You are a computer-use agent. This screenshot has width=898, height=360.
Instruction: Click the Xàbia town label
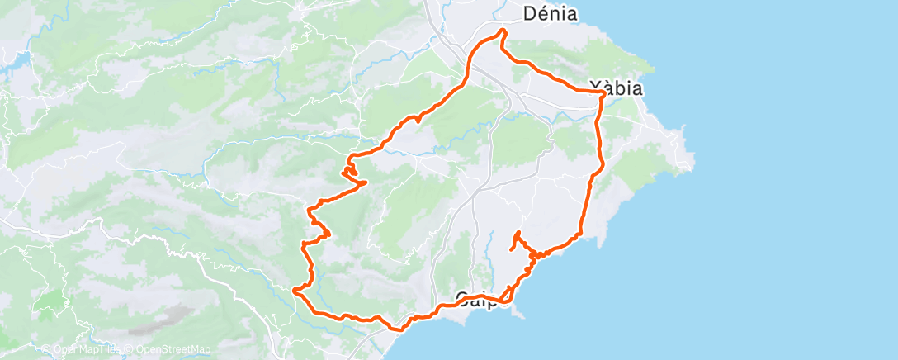pos(617,88)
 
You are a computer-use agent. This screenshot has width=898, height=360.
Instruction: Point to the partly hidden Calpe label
pos(482,299)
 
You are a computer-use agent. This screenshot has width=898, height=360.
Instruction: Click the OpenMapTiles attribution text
pos(82,350)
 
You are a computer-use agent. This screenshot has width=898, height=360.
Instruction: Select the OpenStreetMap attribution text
pos(170,350)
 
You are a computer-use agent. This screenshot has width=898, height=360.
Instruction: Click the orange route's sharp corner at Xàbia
pos(604,93)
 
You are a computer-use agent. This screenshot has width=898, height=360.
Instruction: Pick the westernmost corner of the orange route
pos(294,290)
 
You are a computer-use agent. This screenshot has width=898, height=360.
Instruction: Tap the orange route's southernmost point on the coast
pos(401,329)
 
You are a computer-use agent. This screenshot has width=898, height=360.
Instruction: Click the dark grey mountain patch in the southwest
pos(170,316)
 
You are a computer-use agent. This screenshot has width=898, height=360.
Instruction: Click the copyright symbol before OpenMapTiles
pos(46,350)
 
